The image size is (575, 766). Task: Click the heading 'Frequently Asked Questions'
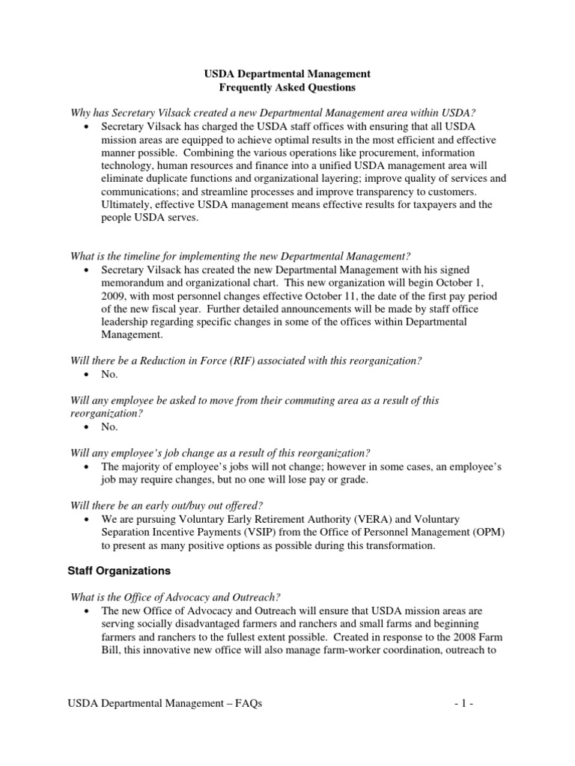point(287,88)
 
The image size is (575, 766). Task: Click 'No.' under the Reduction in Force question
point(109,374)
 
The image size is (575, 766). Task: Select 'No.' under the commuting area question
point(109,427)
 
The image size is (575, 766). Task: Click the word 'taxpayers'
point(434,205)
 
